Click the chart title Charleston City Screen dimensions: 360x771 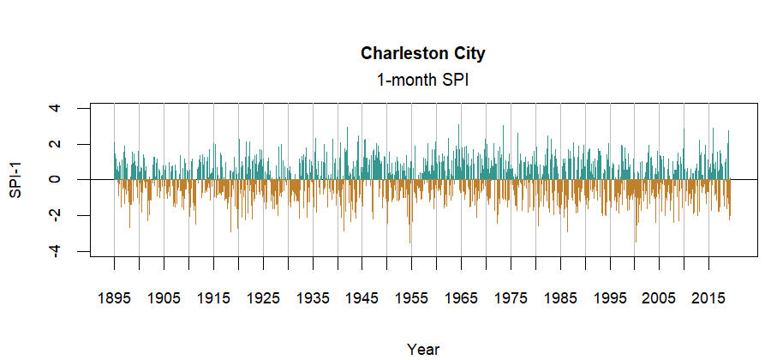tap(422, 53)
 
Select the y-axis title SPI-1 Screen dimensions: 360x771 tap(15, 179)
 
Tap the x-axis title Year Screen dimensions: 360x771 tap(422, 349)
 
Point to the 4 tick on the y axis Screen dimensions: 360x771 tap(56, 108)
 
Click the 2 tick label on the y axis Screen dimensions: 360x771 tap(56, 144)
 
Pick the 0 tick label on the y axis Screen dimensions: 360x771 tap(56, 179)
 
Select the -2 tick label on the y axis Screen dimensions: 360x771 tap(56, 215)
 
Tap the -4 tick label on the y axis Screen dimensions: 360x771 tap(56, 251)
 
